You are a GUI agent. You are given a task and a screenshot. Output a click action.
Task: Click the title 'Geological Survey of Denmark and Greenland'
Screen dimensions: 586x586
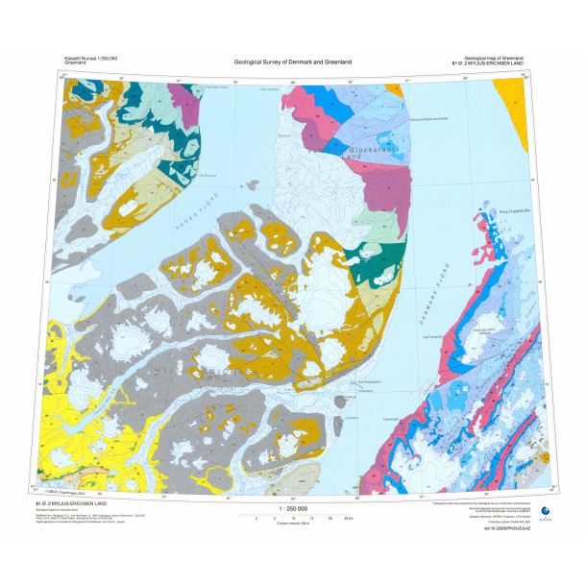click(x=292, y=62)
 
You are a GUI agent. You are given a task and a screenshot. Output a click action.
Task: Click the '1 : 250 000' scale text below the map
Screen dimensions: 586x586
click(x=292, y=508)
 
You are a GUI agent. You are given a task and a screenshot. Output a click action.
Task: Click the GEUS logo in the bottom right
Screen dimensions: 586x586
click(x=546, y=511)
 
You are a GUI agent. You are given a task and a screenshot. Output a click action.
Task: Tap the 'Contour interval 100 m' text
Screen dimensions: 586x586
click(x=292, y=524)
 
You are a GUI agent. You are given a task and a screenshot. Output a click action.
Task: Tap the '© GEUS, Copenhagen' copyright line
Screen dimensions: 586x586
click(x=67, y=492)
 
